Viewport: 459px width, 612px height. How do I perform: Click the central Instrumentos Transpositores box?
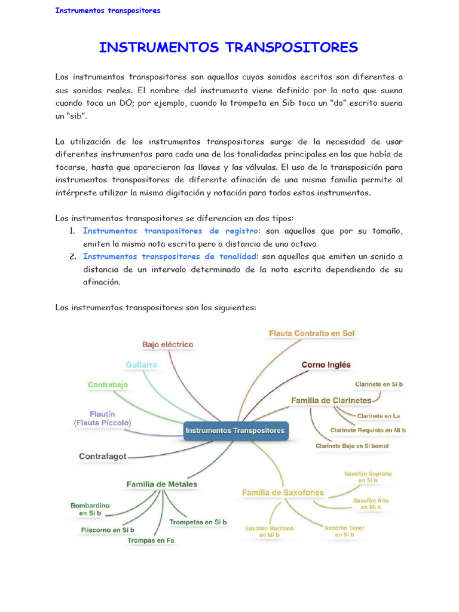pos(235,430)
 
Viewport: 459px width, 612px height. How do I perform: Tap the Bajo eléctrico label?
pos(167,345)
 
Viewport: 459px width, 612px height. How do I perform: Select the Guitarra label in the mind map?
pos(142,365)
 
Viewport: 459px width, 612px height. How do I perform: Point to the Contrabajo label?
pos(108,385)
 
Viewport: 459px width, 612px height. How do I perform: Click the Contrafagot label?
pos(103,456)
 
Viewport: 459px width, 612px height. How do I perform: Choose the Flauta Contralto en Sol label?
pos(312,333)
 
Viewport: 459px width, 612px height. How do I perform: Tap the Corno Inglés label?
pos(326,365)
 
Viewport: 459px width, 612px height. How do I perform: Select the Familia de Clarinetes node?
pos(331,400)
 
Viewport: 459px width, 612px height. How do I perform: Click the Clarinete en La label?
pos(378,415)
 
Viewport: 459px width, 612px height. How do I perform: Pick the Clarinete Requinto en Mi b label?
pos(368,430)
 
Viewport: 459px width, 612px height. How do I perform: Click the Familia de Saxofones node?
pos(283,493)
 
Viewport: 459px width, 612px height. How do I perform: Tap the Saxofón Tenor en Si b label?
pos(344,531)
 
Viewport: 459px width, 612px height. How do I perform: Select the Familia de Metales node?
pos(161,484)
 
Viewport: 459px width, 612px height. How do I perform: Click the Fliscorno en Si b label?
pos(108,530)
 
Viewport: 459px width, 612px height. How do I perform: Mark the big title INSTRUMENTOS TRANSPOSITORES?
pos(228,48)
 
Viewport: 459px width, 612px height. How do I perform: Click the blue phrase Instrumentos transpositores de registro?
pos(170,231)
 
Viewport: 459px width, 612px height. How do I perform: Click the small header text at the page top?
pos(108,11)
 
